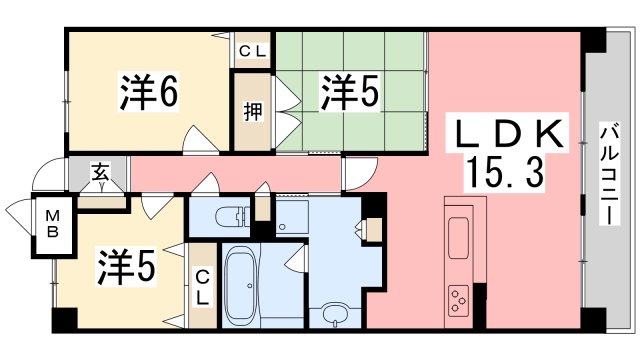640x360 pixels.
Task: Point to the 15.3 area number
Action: click(504, 174)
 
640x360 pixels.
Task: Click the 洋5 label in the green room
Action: click(349, 92)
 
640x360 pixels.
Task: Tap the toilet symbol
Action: click(233, 215)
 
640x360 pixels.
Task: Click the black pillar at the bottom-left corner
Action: click(63, 320)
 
